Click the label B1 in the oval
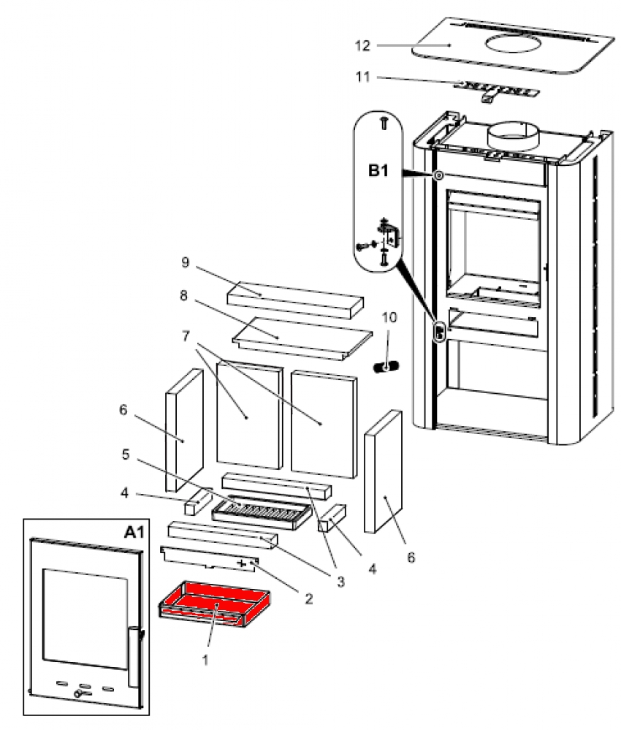point(378,172)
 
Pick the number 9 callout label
point(186,262)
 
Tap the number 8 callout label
point(186,297)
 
